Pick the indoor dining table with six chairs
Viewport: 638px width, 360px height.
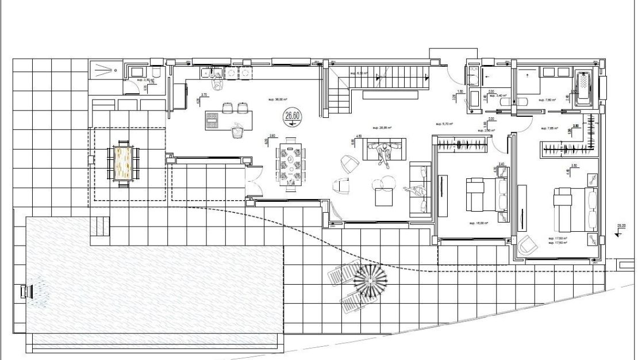click(x=291, y=165)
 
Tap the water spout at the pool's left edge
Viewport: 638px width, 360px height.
click(x=26, y=292)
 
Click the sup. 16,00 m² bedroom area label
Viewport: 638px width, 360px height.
click(x=478, y=223)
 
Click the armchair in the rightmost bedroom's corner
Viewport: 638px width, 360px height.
click(x=527, y=246)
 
